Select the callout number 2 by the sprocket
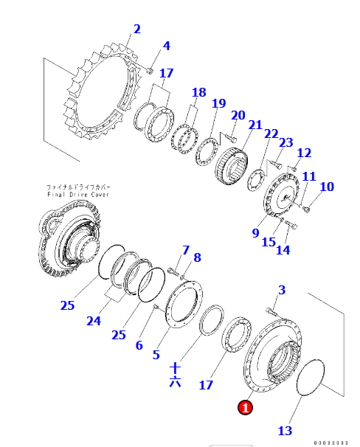pos(136,30)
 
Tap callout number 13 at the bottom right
pos(285,430)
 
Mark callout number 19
pos(218,104)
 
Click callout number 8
pos(197,257)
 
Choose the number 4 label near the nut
pos(166,46)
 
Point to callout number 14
pos(283,250)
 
